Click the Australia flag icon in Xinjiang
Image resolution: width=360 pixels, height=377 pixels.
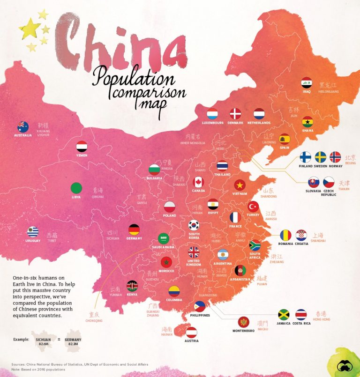click(x=22, y=127)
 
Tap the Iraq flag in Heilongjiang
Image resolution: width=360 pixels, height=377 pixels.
click(x=307, y=83)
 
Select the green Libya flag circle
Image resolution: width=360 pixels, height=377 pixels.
click(x=76, y=188)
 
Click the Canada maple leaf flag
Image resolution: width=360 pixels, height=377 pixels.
click(x=198, y=182)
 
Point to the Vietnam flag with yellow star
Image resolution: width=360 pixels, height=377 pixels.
click(x=240, y=185)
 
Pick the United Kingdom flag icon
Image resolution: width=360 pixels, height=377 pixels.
click(x=194, y=252)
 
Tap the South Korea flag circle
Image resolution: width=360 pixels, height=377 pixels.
click(x=194, y=225)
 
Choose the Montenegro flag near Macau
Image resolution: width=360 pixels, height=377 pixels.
click(x=243, y=322)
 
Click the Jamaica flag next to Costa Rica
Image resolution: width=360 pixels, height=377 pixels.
click(x=284, y=314)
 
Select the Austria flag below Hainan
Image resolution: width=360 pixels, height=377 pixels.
click(x=191, y=333)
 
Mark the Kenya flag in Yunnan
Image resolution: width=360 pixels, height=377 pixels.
click(x=132, y=286)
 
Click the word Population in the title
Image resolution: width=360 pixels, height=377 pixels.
click(x=134, y=76)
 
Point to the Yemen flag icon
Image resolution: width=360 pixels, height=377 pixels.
click(x=82, y=147)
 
